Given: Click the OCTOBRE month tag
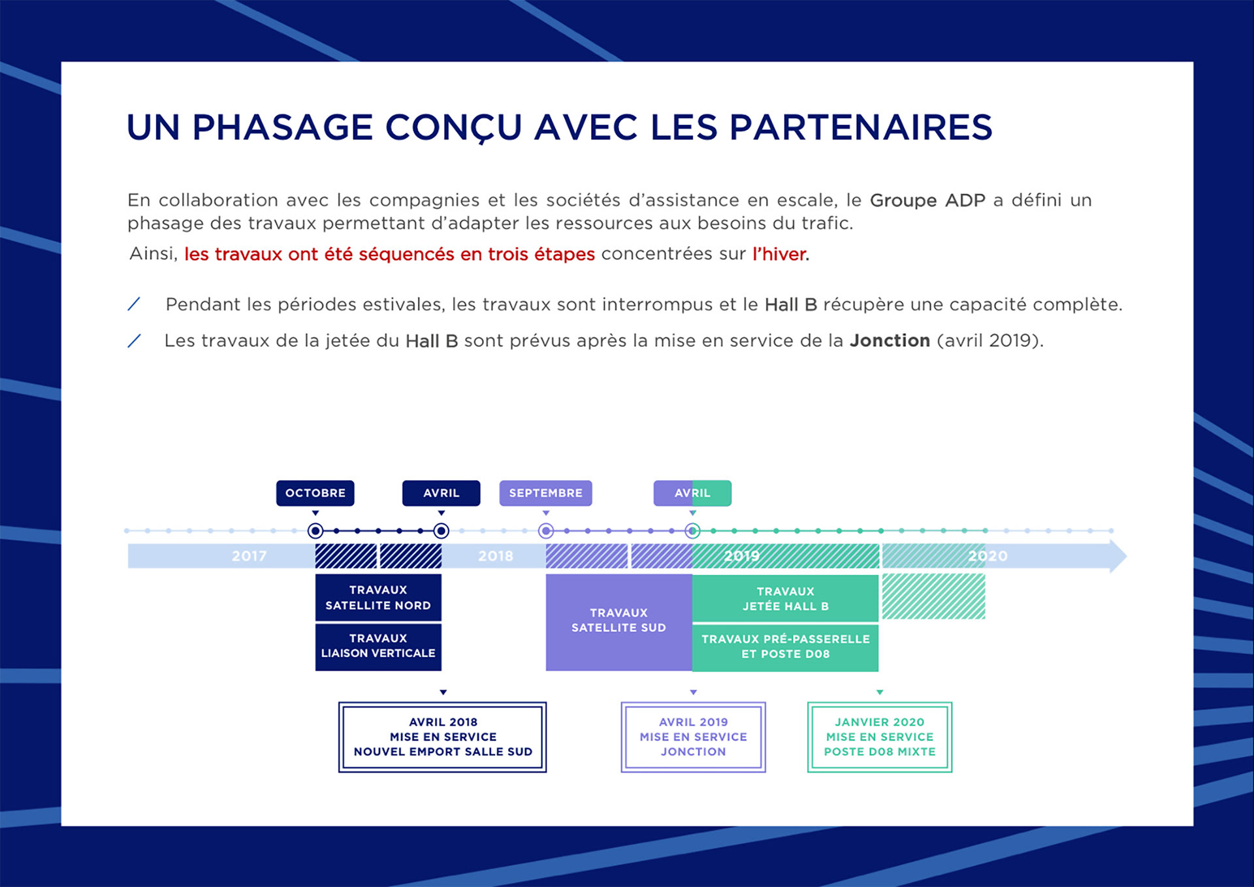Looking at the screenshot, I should pyautogui.click(x=315, y=493).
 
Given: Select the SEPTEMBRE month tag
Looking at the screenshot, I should pyautogui.click(x=545, y=493).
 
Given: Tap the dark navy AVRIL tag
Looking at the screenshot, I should pyautogui.click(x=441, y=493).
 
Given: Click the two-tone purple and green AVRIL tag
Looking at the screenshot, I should pyautogui.click(x=692, y=493).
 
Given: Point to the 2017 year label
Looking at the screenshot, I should pyautogui.click(x=249, y=556).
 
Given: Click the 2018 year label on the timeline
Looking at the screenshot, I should pyautogui.click(x=495, y=556).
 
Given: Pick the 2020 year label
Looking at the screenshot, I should pyautogui.click(x=988, y=556).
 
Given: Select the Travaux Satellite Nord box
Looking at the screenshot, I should pyautogui.click(x=378, y=598).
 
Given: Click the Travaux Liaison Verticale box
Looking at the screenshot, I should pyautogui.click(x=378, y=646).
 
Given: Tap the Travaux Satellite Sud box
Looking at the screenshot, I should pyautogui.click(x=619, y=621).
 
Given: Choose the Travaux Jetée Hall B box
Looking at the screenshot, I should pyautogui.click(x=785, y=598).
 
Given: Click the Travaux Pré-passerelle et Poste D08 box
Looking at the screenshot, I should pyautogui.click(x=785, y=647).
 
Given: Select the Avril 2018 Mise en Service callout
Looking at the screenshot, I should pyautogui.click(x=443, y=737).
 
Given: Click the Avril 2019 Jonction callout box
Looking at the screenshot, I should pyautogui.click(x=693, y=737).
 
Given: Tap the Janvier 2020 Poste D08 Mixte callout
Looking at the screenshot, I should pyautogui.click(x=880, y=737).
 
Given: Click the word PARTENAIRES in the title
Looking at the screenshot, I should pyautogui.click(x=860, y=127).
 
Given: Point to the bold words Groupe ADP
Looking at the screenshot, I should pyautogui.click(x=927, y=201).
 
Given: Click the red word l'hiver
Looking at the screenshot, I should pyautogui.click(x=780, y=254).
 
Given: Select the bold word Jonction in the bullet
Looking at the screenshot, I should pyautogui.click(x=890, y=341).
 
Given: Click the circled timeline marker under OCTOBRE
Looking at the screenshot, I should pyautogui.click(x=315, y=531).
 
